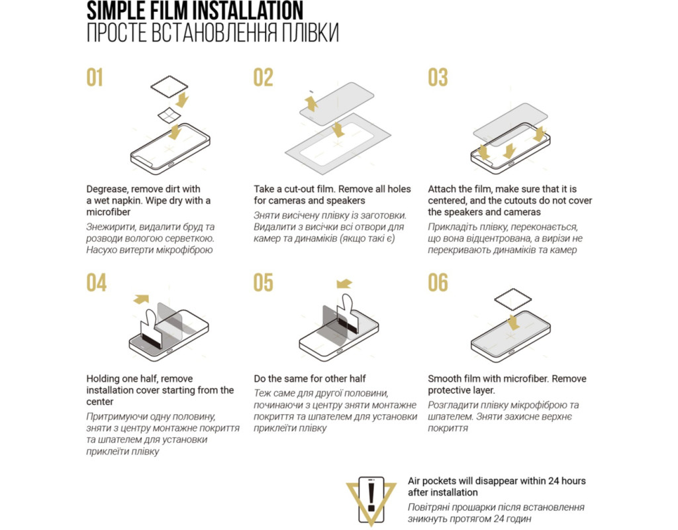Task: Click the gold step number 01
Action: click(x=95, y=78)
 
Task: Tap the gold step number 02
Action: click(x=264, y=78)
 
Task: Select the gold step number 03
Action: click(x=438, y=78)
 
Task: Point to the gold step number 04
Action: click(x=96, y=283)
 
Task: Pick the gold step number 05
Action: click(x=264, y=283)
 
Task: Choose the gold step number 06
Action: click(x=438, y=283)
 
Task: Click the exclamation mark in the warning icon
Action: click(x=371, y=497)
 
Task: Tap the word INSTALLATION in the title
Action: click(x=244, y=11)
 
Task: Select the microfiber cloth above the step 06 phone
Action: click(x=513, y=299)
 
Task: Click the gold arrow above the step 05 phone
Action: click(x=344, y=284)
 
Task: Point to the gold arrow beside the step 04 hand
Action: click(x=142, y=299)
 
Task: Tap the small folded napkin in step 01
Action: click(x=169, y=115)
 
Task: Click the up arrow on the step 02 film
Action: click(x=311, y=104)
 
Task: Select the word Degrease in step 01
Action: click(x=107, y=189)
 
